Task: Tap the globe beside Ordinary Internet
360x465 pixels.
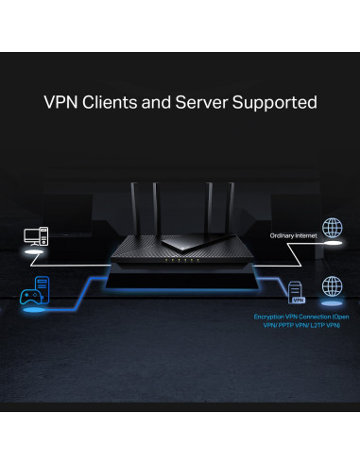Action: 331,228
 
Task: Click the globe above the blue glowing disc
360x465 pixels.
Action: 331,284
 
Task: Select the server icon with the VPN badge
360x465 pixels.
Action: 297,290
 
